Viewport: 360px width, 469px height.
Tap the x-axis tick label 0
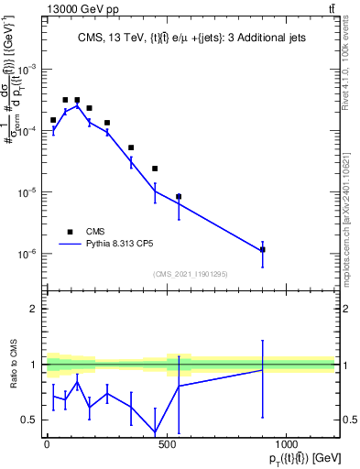click(47, 444)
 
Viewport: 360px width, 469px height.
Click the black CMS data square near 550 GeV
click(179, 196)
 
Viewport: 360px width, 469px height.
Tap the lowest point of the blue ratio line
click(155, 432)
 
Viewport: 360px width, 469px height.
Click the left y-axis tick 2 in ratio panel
click(33, 309)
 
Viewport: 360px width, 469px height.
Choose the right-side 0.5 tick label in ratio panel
click(348, 420)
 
